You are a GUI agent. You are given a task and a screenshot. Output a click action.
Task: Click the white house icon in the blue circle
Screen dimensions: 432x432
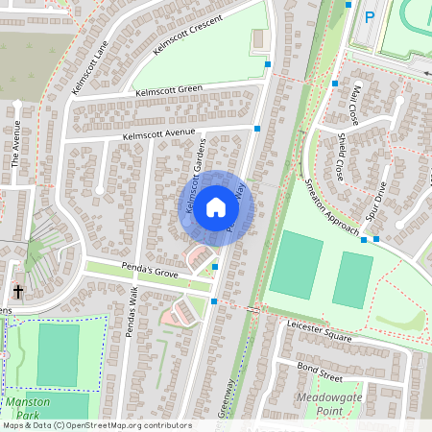pyautogui.click(x=215, y=206)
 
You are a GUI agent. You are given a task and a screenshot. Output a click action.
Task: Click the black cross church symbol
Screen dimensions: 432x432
pyautogui.click(x=18, y=290)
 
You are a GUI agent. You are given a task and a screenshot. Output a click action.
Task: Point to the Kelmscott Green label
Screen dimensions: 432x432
pyautogui.click(x=169, y=91)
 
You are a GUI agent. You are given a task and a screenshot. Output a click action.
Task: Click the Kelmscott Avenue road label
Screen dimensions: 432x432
pyautogui.click(x=158, y=134)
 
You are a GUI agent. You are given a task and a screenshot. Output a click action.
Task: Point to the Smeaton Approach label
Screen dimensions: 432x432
pyautogui.click(x=330, y=205)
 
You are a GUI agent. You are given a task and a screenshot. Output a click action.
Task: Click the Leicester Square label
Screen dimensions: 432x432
pyautogui.click(x=319, y=332)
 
